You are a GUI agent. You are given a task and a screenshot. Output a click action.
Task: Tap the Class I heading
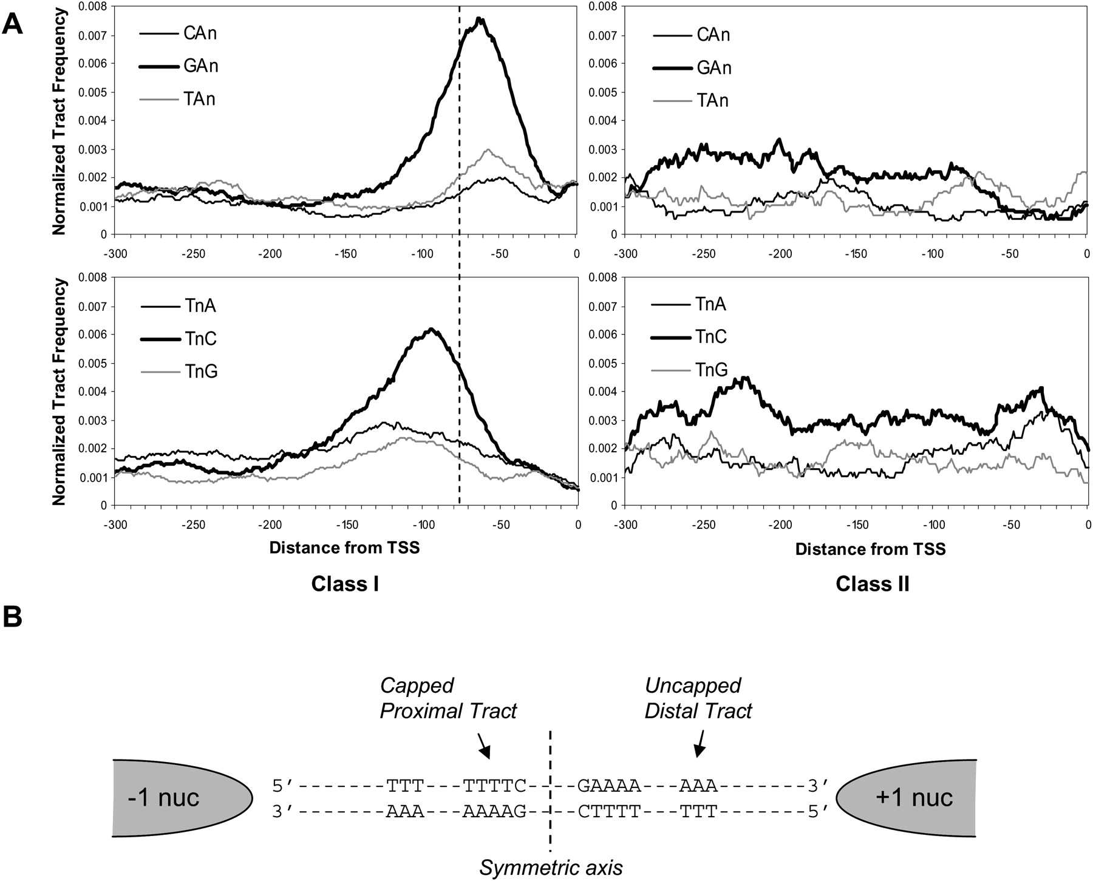click(x=345, y=584)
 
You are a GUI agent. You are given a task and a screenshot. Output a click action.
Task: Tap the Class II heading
click(x=872, y=584)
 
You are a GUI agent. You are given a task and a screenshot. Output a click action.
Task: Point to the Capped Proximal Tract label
click(x=448, y=698)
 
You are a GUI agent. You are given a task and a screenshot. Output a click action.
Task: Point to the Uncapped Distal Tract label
click(x=698, y=698)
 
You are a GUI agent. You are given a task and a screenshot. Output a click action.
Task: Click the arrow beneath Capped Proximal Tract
click(x=484, y=746)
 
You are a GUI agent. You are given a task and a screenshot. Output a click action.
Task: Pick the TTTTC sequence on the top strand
click(x=494, y=786)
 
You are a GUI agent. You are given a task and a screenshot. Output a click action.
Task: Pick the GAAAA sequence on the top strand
click(x=609, y=786)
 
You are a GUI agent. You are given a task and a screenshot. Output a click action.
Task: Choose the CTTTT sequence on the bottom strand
click(x=609, y=811)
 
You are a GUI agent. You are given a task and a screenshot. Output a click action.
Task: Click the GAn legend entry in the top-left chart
click(x=200, y=66)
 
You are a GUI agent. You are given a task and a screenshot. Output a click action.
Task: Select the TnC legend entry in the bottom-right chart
click(x=710, y=336)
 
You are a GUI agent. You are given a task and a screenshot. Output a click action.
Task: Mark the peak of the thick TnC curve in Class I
click(x=431, y=329)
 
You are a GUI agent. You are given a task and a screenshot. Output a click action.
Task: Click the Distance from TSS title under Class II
click(x=870, y=549)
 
